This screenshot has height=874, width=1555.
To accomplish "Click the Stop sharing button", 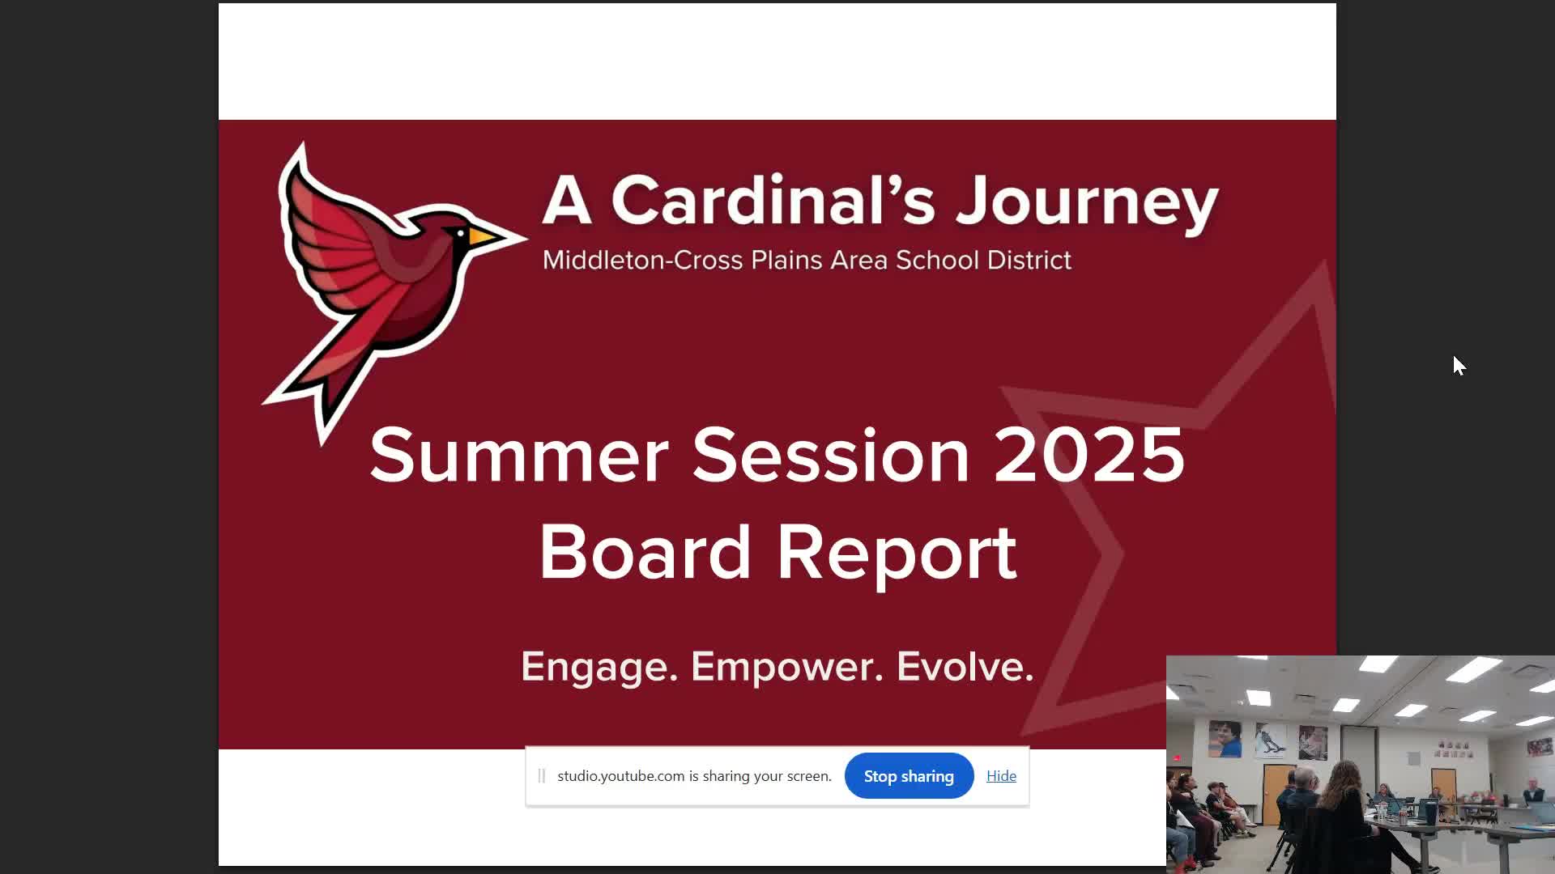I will pos(909,776).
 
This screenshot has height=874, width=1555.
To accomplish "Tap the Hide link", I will pos(1001,776).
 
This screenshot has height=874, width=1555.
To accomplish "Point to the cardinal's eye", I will pos(461,234).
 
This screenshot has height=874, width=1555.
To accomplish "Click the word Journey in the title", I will pos(1087,202).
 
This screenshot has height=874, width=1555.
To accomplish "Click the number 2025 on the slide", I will pos(1088,455).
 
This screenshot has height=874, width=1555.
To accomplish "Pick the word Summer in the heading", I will pos(518,455).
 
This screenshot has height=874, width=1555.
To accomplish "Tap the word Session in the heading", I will pos(831,455).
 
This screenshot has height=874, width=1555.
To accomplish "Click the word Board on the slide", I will pos(645,552).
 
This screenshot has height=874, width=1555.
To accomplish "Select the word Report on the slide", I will pos(897,554).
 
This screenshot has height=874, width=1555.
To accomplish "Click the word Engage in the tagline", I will pos(599,667).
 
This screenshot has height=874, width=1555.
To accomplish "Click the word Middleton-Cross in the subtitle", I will pos(642,260).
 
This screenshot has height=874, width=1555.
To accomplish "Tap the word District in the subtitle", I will pos(1029,260).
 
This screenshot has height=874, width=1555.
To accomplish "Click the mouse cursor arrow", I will pos(1459,365).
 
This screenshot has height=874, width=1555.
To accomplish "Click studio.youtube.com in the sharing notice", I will pos(620,776).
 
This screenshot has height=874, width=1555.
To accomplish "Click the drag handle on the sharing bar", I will pos(542,776).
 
